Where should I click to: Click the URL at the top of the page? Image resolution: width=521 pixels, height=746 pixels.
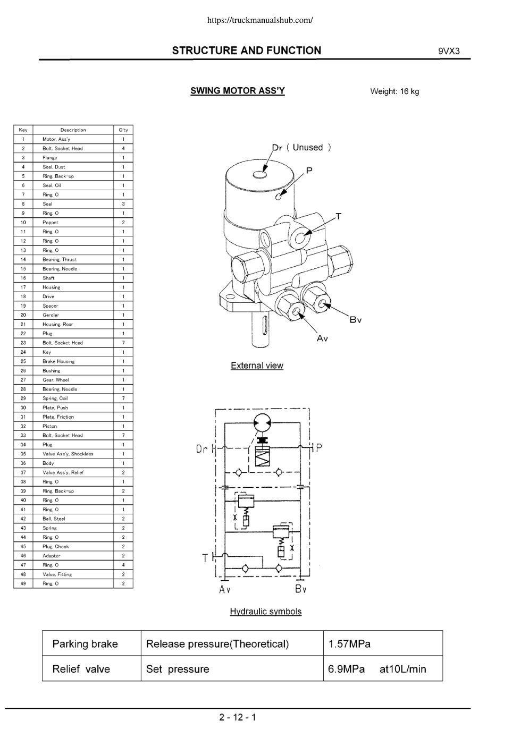click(x=260, y=20)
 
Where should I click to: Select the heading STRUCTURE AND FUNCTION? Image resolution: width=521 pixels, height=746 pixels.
click(x=247, y=50)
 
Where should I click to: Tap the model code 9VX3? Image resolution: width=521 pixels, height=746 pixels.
click(x=449, y=51)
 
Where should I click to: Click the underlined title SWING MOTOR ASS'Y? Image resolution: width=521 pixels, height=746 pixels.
click(x=238, y=90)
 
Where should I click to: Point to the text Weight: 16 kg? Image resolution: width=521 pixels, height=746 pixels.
click(x=394, y=91)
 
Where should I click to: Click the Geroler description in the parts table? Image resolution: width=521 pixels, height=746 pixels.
click(x=51, y=315)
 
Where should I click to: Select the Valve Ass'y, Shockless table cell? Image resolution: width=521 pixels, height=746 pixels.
click(x=68, y=454)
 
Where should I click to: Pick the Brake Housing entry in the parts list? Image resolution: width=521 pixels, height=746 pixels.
click(x=58, y=361)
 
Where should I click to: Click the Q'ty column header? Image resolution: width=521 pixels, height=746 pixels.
click(x=123, y=130)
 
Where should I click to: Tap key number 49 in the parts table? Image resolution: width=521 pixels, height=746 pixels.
click(x=23, y=583)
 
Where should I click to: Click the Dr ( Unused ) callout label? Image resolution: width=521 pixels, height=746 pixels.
click(x=301, y=147)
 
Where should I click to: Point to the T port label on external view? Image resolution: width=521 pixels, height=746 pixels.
click(x=339, y=216)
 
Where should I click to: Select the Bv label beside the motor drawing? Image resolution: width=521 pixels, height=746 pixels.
click(x=356, y=320)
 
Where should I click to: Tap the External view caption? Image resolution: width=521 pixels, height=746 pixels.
click(x=257, y=366)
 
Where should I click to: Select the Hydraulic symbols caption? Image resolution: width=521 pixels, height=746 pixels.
click(x=266, y=611)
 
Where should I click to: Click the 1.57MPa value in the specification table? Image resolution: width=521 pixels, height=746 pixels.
click(x=349, y=644)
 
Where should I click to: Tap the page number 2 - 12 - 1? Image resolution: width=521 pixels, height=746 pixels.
click(x=238, y=717)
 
